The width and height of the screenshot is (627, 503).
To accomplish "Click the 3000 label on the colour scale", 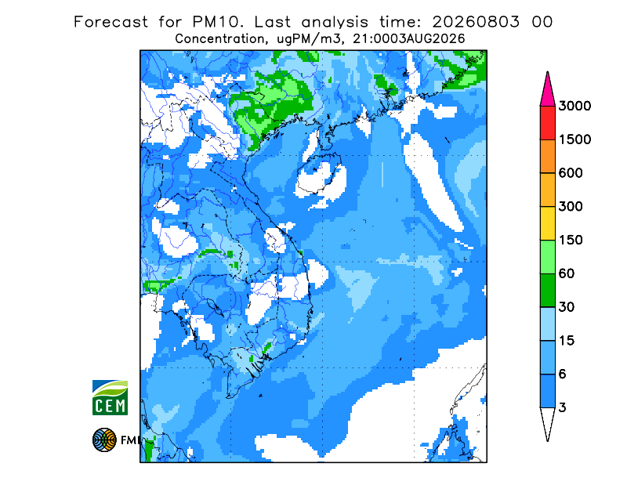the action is [x=574, y=106].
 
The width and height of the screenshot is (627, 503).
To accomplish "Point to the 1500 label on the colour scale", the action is [x=574, y=139].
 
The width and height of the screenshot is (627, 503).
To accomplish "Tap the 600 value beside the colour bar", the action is [x=571, y=173].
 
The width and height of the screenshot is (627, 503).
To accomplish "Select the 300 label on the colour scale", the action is [x=571, y=207].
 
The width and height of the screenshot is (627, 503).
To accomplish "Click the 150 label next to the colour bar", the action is [x=571, y=241].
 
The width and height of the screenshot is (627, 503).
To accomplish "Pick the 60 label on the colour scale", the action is [x=567, y=274].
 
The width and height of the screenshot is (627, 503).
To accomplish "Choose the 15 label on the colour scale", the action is [x=567, y=341].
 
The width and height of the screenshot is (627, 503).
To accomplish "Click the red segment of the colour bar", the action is [x=547, y=123].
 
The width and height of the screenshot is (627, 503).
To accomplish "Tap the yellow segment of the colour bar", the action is [x=547, y=223].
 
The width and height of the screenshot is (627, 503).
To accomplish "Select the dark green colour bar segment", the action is [x=547, y=291].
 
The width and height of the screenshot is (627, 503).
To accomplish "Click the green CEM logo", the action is [x=110, y=397].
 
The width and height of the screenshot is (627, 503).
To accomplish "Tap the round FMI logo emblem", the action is [x=104, y=440].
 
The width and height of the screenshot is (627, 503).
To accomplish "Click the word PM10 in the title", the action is [x=217, y=22].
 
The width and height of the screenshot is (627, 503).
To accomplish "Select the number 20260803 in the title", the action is [x=476, y=22].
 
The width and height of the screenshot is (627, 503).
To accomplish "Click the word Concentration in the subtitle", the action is [x=219, y=39].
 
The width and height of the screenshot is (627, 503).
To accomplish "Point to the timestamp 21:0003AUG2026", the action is [x=409, y=39].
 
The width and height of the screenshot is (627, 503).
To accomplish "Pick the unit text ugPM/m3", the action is [x=309, y=39].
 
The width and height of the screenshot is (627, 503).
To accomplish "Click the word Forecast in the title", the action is [x=111, y=22].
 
